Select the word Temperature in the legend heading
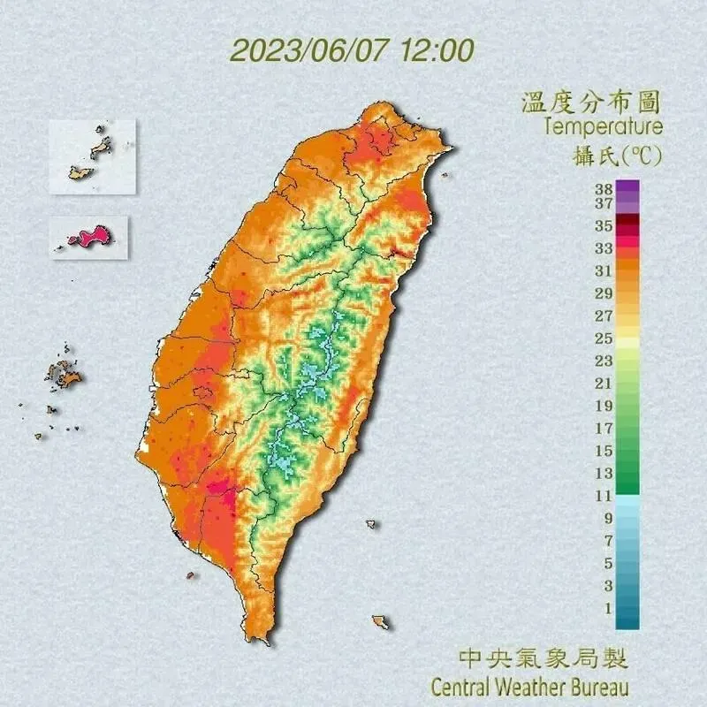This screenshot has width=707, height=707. pos(603,127)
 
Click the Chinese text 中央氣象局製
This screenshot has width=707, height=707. pos(544,658)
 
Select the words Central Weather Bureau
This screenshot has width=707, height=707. pos(530,686)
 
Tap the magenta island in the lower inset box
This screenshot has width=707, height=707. pos(88,237)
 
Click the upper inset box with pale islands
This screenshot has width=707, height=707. pos(93,156)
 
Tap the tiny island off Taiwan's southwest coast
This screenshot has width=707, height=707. pos(189,575)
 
